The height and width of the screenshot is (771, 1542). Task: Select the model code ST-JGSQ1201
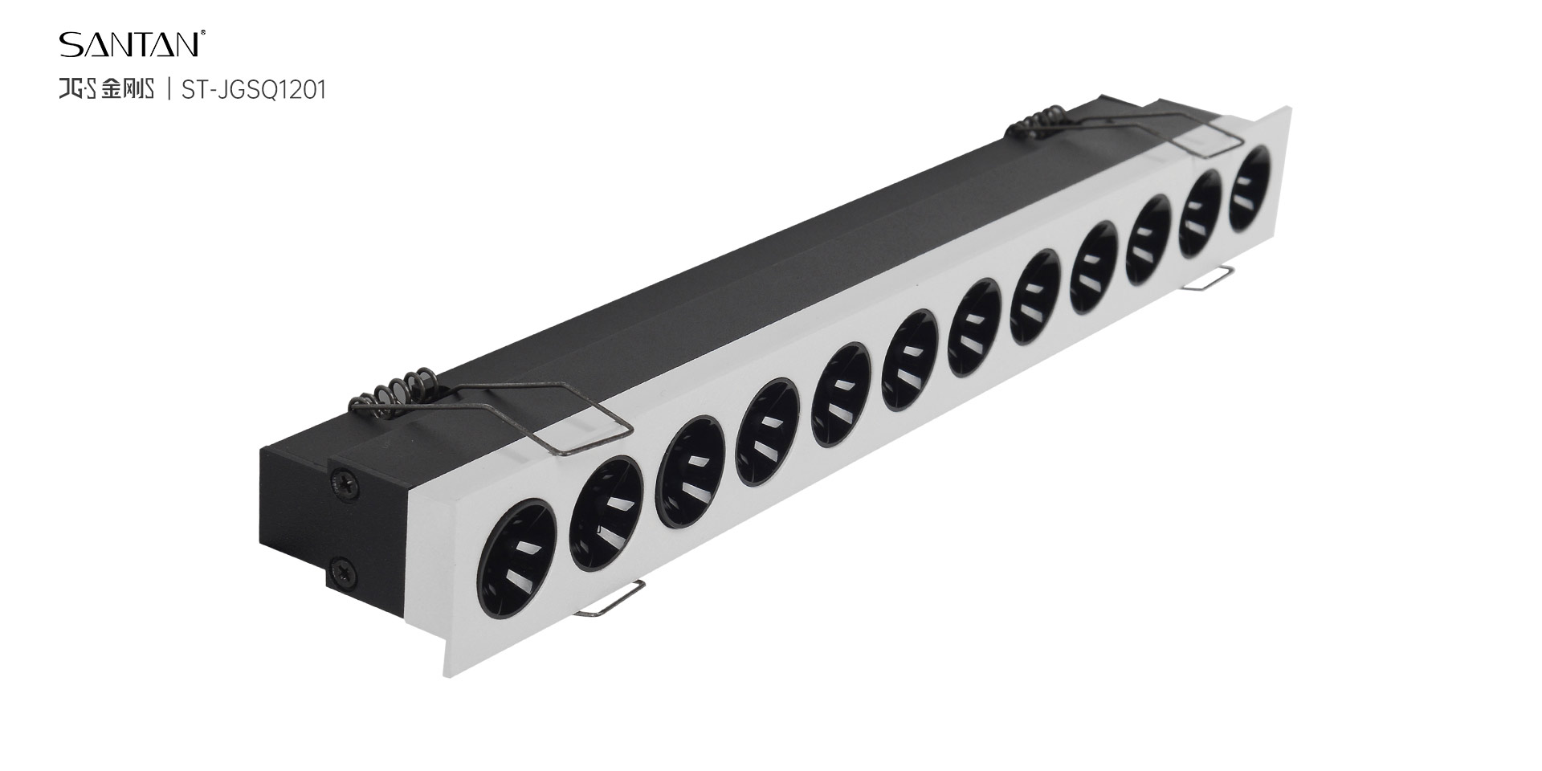254,90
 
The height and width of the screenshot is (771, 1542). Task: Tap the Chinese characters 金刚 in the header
118,90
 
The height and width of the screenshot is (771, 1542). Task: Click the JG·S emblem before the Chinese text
78,90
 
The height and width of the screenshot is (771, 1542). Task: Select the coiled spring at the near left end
394,394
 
